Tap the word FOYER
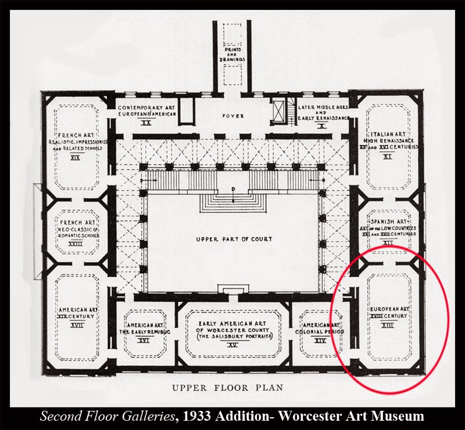point(233,116)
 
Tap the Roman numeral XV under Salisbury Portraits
point(233,346)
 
